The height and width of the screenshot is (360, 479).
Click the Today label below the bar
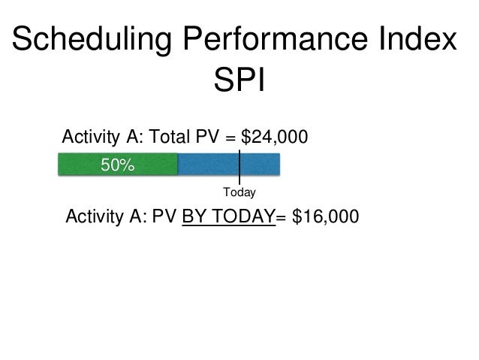(x=239, y=194)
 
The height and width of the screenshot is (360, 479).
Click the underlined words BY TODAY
(x=230, y=218)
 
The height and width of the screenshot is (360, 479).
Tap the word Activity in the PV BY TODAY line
(x=95, y=218)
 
